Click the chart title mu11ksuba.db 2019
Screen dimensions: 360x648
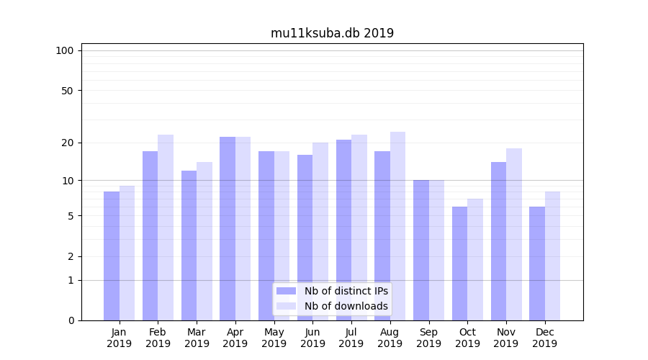pos(332,33)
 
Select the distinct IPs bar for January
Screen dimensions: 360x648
pos(112,256)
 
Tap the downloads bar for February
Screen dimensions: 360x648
pos(166,228)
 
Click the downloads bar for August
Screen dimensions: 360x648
pos(397,226)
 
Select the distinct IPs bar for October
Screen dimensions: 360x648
pos(459,264)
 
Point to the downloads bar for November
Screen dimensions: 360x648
pos(513,234)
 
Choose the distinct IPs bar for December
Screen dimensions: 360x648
pos(537,264)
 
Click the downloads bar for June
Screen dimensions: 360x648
pos(320,231)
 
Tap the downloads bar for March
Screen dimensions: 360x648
pos(204,241)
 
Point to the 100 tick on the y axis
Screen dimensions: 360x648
pos(65,50)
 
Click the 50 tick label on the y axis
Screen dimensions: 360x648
pos(67,91)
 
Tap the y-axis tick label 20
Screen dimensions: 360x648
pos(67,143)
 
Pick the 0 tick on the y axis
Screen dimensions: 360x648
pos(71,320)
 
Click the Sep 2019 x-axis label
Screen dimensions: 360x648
pos(428,338)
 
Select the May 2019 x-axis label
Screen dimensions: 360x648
pos(274,338)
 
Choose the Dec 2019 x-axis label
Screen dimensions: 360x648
pos(544,338)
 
